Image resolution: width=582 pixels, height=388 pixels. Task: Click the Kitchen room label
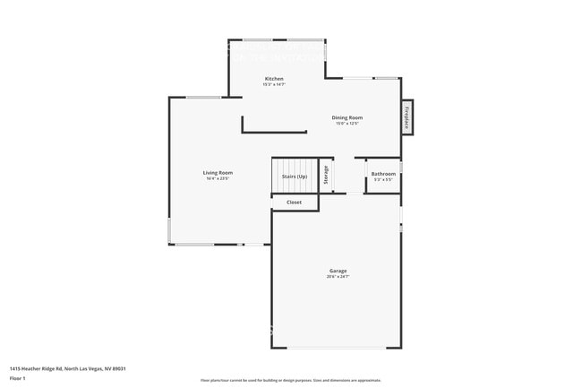[x=274, y=79]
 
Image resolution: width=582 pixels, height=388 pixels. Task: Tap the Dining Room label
[x=347, y=117]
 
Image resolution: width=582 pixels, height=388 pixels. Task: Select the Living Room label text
[x=218, y=172]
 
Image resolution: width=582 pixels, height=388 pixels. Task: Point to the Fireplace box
[x=407, y=117]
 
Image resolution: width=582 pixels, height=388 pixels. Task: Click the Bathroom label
[x=383, y=173]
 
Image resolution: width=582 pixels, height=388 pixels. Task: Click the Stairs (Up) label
[x=295, y=177]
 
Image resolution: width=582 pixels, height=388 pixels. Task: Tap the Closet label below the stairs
[x=294, y=203]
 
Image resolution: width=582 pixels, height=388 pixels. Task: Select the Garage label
[x=338, y=271]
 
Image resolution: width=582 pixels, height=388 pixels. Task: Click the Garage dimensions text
[x=338, y=277]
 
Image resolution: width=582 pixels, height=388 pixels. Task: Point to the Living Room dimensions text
[x=218, y=178]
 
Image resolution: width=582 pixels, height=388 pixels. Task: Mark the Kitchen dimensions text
[x=274, y=85]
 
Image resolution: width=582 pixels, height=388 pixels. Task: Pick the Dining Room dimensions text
[x=347, y=124]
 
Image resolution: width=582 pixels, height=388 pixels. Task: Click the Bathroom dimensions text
[x=383, y=179]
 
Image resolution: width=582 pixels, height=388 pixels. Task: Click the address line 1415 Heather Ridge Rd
[x=68, y=368]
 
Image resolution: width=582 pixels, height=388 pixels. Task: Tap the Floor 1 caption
[x=18, y=378]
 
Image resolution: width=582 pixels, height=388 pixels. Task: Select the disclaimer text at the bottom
[x=291, y=380]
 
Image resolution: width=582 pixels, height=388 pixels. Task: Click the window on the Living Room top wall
[x=204, y=97]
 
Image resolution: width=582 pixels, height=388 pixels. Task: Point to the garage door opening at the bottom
[x=337, y=349]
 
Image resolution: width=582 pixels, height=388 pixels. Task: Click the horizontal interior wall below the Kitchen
[x=274, y=133]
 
